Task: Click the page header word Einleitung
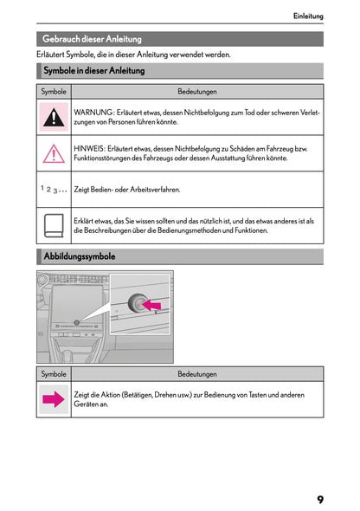tap(308, 16)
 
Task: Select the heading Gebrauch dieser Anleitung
tap(92, 39)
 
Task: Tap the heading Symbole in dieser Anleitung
tap(93, 71)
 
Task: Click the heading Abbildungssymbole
tap(79, 256)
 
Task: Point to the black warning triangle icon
tap(54, 117)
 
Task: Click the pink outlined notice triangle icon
tap(54, 153)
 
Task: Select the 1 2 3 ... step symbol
tap(54, 189)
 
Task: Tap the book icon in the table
tap(54, 226)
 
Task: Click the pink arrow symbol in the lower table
tap(54, 399)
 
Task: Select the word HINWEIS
tap(91, 149)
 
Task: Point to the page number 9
tap(320, 500)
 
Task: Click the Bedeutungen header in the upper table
tap(197, 92)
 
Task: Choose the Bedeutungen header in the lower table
tap(197, 374)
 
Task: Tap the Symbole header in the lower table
tap(54, 374)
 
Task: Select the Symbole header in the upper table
tap(54, 92)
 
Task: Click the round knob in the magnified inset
tap(138, 302)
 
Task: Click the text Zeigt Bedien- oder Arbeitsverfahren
tap(127, 189)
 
